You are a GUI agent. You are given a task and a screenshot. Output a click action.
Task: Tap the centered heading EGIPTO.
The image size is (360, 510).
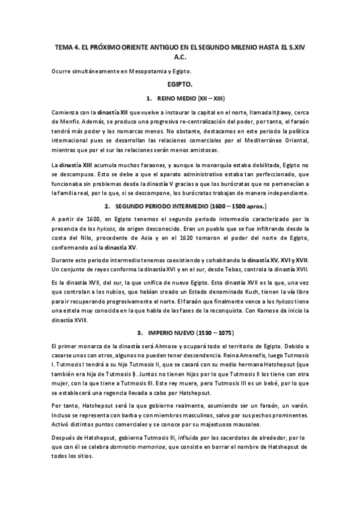[180, 85]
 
